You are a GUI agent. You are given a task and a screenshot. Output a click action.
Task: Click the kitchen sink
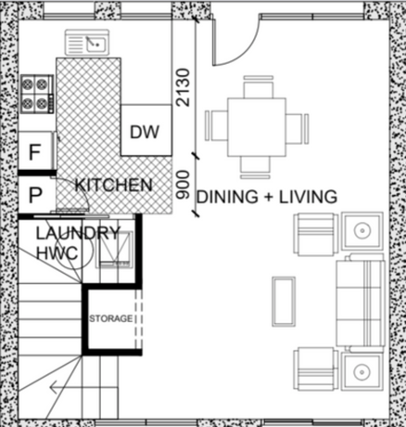(x=87, y=43)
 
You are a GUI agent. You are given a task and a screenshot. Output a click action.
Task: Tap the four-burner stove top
(x=37, y=94)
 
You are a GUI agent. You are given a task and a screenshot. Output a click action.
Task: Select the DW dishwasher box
(x=146, y=130)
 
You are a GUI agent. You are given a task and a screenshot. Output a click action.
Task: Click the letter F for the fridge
(x=34, y=152)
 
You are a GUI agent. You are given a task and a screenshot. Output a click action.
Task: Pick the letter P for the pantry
(x=35, y=195)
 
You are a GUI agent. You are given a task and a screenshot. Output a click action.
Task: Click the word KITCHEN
(x=114, y=185)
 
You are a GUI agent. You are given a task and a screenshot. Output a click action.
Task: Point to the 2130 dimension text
(x=183, y=87)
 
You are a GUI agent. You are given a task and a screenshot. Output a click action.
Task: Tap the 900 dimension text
(x=183, y=185)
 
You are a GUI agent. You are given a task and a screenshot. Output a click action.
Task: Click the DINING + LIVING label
(x=267, y=197)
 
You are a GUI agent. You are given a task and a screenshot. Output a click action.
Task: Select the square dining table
(x=257, y=127)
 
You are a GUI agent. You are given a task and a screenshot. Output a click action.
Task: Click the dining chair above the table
(x=259, y=86)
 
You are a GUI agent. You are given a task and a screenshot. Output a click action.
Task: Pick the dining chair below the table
(x=255, y=168)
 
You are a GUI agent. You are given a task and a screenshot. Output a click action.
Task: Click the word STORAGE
(x=111, y=318)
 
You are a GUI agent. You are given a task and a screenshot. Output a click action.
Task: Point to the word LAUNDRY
(x=78, y=233)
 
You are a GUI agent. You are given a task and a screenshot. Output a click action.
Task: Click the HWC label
(x=57, y=253)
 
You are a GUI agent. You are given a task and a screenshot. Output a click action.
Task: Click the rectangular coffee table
(x=284, y=302)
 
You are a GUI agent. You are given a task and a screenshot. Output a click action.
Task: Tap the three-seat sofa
(x=361, y=304)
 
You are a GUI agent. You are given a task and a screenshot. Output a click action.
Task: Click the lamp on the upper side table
(x=362, y=230)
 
